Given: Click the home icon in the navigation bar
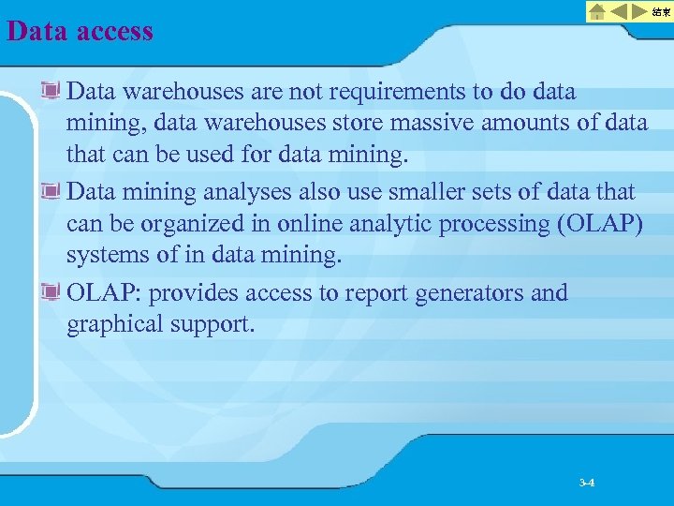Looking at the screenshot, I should tap(597, 11).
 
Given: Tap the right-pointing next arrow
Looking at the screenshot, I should tap(640, 11).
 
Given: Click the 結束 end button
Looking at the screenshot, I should tap(661, 11).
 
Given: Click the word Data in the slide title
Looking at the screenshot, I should tap(38, 31).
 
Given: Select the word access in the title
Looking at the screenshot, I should tap(115, 31).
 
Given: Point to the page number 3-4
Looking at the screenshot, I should tap(587, 483).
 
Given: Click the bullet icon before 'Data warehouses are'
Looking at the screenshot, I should tap(51, 92).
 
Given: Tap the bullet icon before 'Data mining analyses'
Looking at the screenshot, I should tap(51, 193).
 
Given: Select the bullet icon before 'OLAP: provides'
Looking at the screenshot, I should tap(51, 294).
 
